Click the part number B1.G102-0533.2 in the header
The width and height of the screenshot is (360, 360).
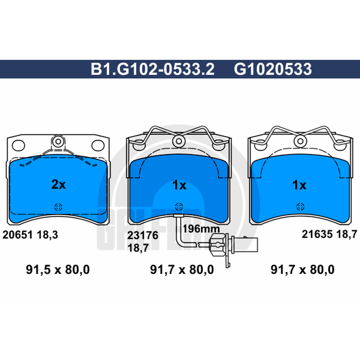click(x=153, y=69)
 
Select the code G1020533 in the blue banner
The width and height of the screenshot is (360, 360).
click(x=273, y=69)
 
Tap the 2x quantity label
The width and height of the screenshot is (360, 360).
click(x=58, y=184)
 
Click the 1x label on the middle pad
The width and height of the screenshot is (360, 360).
click(x=179, y=185)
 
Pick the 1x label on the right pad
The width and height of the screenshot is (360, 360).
click(x=299, y=185)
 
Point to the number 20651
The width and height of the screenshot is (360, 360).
click(x=18, y=234)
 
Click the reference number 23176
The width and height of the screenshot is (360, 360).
click(x=143, y=235)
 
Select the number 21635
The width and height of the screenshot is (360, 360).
click(x=317, y=234)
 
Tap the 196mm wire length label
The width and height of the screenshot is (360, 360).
click(x=201, y=229)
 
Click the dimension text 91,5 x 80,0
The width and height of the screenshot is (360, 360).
click(x=58, y=269)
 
